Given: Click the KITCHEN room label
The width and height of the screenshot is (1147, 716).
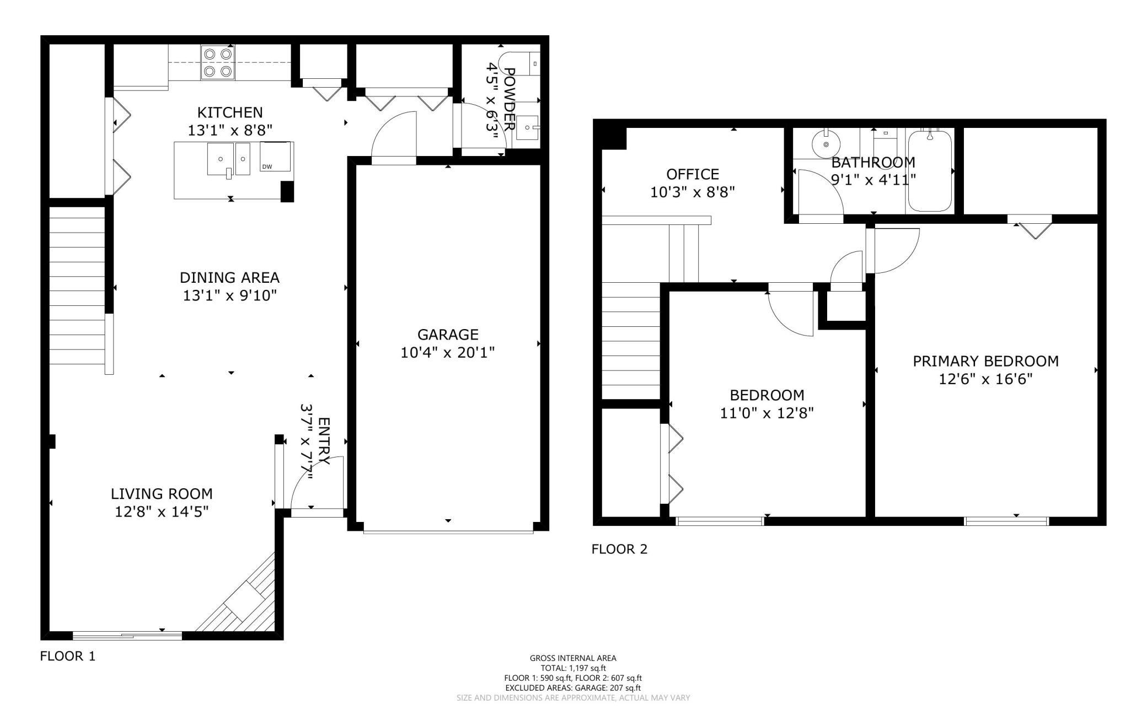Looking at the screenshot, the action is [x=230, y=112].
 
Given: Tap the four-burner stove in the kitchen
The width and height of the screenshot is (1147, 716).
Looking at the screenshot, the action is [x=217, y=63].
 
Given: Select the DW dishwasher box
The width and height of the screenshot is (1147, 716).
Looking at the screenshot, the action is [x=275, y=157].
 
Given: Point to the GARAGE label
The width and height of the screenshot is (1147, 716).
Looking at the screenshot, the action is [x=447, y=335].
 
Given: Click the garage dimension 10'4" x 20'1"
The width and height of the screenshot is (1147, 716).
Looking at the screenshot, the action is [x=447, y=352].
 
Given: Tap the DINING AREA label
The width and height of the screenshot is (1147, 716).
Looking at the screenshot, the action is [x=230, y=277].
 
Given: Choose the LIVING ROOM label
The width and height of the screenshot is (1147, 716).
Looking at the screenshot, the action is [x=162, y=494].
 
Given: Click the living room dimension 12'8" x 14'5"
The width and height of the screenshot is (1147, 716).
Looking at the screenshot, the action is [x=162, y=512].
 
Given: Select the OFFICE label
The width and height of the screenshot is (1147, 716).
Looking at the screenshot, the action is [x=693, y=174].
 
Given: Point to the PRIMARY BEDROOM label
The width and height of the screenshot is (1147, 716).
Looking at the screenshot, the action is [x=985, y=361].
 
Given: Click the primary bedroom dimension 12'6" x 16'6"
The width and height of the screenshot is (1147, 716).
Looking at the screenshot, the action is [x=985, y=379].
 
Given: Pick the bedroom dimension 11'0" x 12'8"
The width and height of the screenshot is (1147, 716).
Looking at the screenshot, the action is [x=767, y=413].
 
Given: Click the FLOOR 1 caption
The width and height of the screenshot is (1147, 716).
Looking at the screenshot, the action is [x=68, y=656].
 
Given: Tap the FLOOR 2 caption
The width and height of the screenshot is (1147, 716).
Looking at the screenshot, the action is [x=619, y=549].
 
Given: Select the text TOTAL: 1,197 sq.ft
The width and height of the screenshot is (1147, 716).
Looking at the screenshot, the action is [x=573, y=668].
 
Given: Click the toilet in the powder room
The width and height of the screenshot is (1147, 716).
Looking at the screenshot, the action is [x=518, y=63].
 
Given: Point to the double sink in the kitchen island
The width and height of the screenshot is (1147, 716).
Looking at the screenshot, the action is [x=228, y=159].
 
